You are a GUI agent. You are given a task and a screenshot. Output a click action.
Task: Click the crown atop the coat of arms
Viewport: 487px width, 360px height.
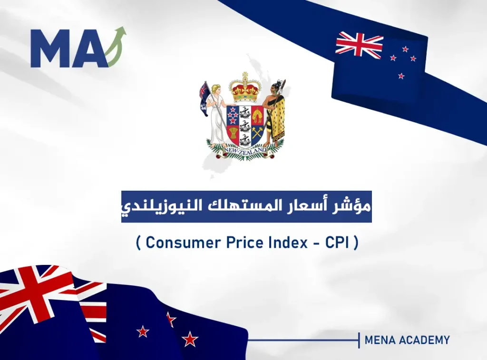tap(245, 87)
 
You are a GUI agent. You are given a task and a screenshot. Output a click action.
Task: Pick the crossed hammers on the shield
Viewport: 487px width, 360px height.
tap(257, 134)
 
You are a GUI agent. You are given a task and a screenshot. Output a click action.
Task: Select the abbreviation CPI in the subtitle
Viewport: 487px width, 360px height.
tap(337, 243)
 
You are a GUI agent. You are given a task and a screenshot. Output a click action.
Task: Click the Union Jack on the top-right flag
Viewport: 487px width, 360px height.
tap(359, 45)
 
